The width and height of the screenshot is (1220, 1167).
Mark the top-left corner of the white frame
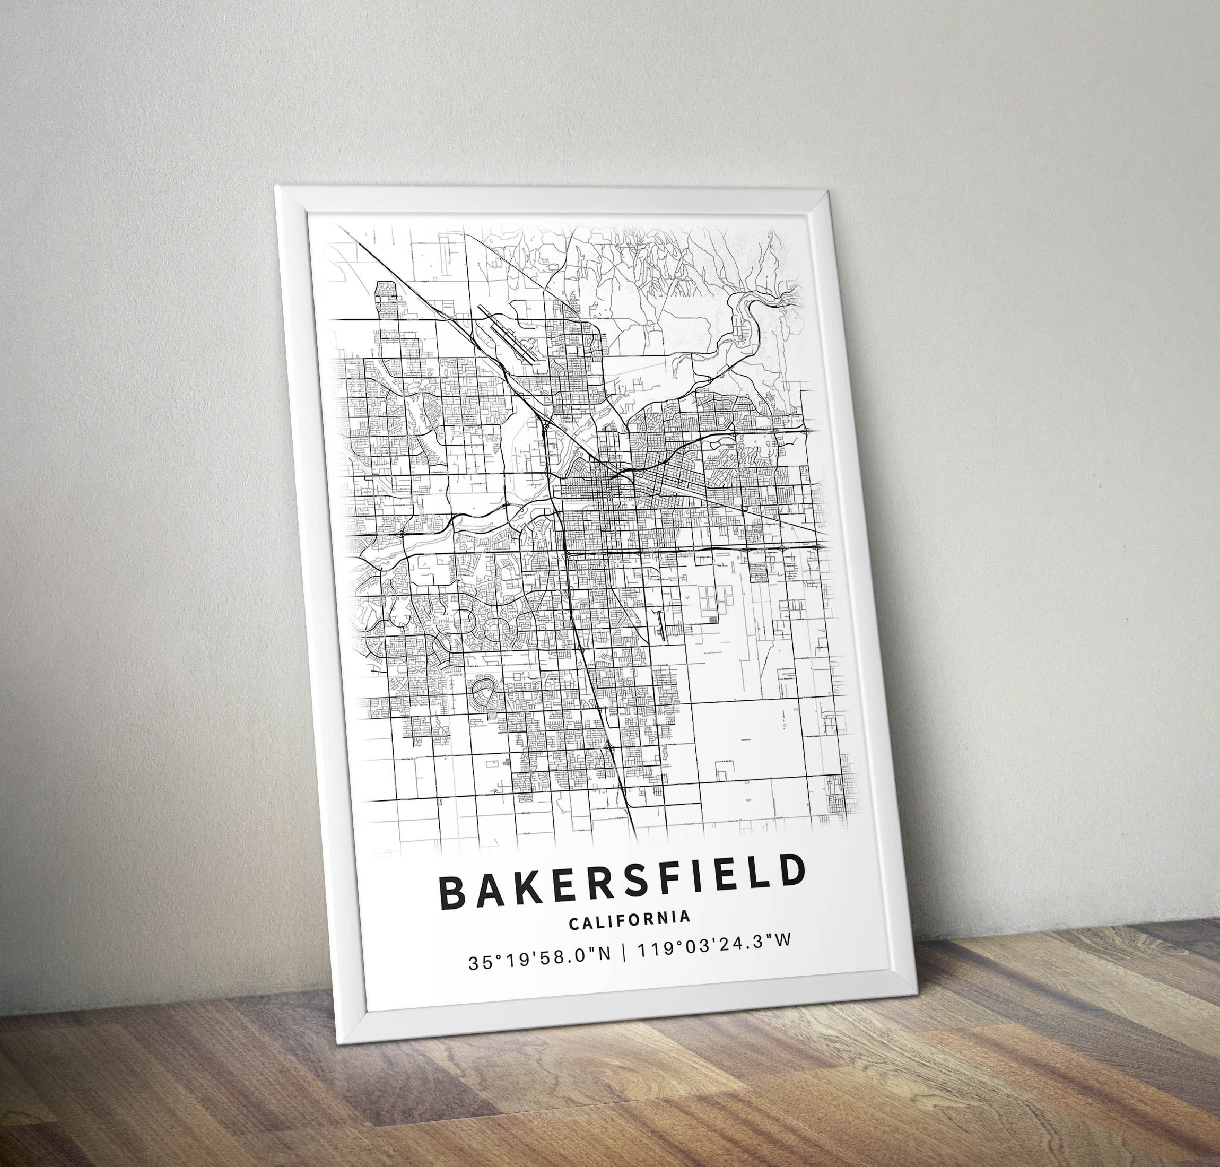[276, 186]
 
